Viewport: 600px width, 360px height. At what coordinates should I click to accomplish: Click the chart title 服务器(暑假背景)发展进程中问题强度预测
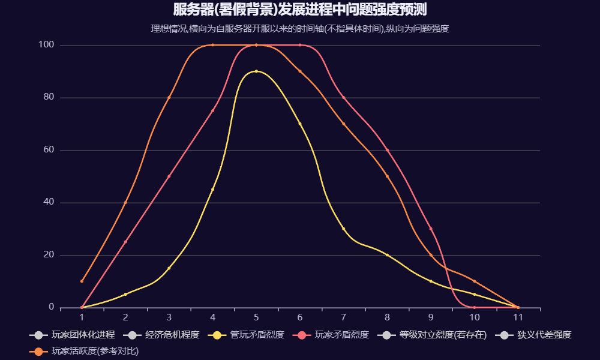tap(300, 10)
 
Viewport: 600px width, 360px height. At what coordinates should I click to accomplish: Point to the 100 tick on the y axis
tap(47, 45)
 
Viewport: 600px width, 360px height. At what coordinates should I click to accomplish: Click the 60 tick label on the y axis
tap(49, 150)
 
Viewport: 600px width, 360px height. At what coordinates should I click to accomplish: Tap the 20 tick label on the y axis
tap(49, 255)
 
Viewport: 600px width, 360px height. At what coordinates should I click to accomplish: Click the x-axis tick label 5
tap(256, 317)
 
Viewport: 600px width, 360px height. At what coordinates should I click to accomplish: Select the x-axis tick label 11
tap(518, 317)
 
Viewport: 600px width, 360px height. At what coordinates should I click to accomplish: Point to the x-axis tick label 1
tap(82, 317)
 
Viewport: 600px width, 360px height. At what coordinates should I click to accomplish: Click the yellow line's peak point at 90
tap(256, 71)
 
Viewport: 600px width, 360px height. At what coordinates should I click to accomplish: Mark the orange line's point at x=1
tap(82, 281)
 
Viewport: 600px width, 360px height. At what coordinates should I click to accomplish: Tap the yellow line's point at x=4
tap(212, 190)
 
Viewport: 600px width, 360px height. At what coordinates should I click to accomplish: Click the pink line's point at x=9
tap(431, 229)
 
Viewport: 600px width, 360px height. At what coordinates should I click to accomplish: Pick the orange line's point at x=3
tap(169, 97)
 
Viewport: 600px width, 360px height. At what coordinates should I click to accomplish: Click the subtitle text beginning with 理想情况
tap(300, 28)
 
